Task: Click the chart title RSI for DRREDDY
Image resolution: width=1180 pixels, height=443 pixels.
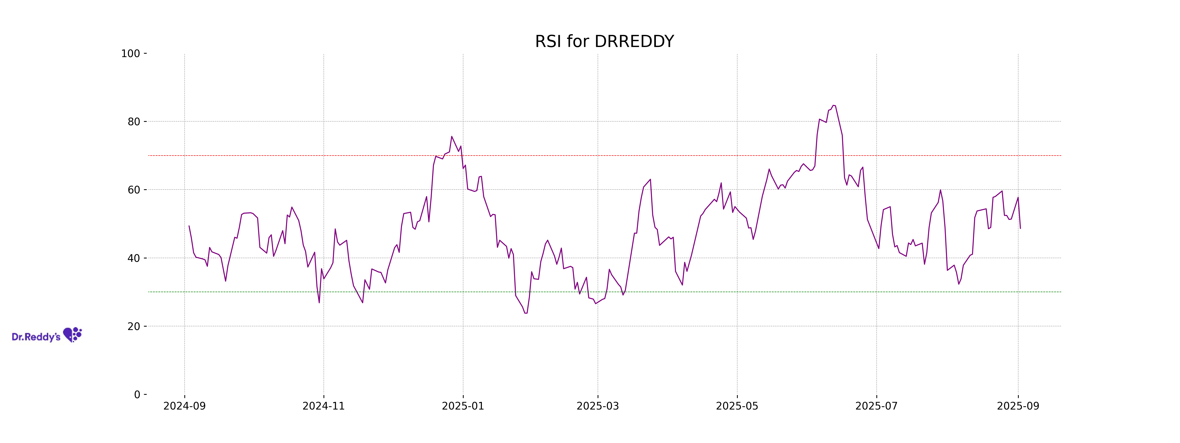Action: pos(604,42)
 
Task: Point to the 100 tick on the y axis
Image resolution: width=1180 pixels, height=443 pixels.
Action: pos(131,54)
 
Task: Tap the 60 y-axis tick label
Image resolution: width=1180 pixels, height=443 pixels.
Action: pos(134,190)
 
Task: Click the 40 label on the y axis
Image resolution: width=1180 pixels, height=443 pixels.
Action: pos(134,258)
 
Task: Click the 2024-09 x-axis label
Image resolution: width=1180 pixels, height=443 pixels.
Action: pos(185,406)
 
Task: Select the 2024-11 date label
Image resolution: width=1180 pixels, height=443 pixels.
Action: pos(324,406)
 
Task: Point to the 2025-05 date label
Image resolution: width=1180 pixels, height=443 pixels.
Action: pos(737,406)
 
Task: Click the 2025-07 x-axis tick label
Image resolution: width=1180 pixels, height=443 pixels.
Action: pos(876,406)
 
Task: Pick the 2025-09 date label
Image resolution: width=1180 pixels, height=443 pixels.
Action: pos(1018,406)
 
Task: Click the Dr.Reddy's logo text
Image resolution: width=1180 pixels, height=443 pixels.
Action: pos(36,337)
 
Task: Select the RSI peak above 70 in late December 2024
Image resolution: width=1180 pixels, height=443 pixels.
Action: pos(452,136)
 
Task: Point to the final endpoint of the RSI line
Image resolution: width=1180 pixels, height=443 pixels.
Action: pos(1020,228)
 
